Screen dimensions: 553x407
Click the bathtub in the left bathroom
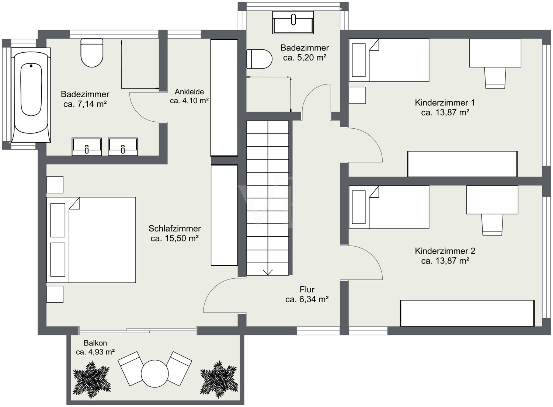31,95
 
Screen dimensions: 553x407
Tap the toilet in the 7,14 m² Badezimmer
92,53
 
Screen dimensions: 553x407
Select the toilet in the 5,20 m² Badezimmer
259,59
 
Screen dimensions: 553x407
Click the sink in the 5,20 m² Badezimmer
293,22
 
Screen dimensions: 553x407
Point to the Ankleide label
189,92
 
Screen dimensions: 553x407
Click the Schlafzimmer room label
174,228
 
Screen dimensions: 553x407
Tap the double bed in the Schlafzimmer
91,240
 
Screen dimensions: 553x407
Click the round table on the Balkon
155,373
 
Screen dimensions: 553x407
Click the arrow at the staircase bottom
268,272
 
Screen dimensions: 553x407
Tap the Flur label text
307,289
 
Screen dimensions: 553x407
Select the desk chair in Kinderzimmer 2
492,225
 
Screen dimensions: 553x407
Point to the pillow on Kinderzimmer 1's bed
359,60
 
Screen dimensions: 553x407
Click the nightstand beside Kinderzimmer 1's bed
357,95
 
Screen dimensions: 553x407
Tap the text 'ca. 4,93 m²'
95,352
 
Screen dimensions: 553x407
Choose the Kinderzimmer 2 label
445,251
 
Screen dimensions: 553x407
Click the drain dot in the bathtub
31,66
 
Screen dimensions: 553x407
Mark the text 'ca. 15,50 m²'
174,239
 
